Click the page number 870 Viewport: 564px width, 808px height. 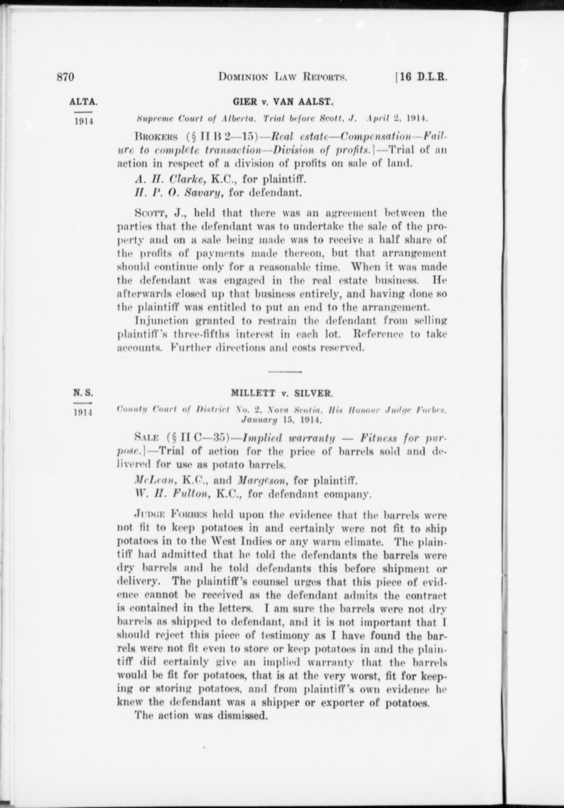(66, 77)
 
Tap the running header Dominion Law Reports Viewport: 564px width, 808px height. (283, 77)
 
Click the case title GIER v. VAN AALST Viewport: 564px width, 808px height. (283, 102)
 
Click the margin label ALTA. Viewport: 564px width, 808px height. (83, 102)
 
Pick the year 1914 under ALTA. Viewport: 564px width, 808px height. (83, 121)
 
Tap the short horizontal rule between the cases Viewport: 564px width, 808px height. (285, 371)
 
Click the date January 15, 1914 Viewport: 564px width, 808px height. (282, 421)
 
